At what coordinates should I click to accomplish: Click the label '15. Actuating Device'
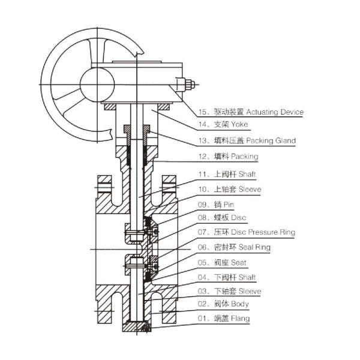(251, 112)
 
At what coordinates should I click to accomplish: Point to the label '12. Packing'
(227, 157)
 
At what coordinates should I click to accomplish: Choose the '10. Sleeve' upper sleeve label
(229, 189)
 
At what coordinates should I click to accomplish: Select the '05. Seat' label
(221, 263)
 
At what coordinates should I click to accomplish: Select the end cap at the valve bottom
(137, 327)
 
